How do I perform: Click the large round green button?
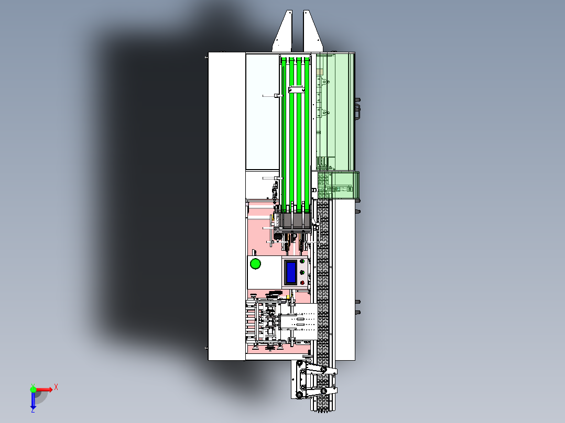255,264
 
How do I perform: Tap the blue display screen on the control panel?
291,272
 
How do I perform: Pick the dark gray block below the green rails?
296,220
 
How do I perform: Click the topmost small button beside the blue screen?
302,261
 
